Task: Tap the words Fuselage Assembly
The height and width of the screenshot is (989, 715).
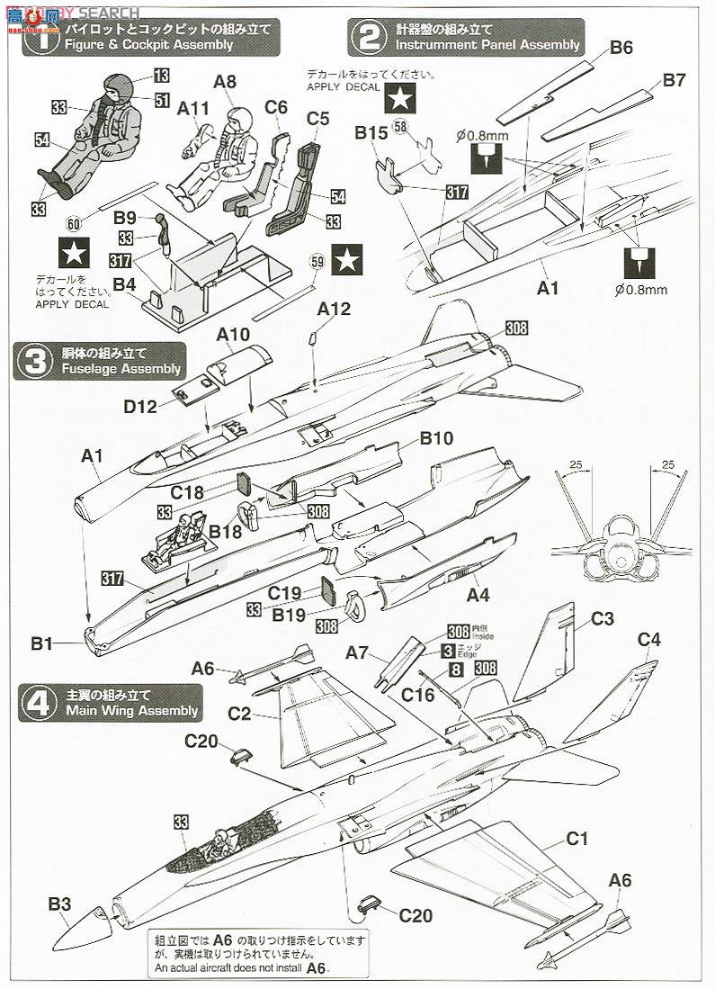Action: click(121, 369)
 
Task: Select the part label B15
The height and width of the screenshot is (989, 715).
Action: click(371, 133)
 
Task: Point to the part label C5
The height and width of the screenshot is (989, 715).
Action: click(317, 118)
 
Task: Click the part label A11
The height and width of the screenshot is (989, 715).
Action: click(193, 108)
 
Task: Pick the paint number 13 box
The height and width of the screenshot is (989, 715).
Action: click(161, 76)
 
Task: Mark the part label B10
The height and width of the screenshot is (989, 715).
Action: click(436, 438)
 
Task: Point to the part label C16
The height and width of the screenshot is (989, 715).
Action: click(418, 694)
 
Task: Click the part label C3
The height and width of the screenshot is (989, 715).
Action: click(602, 619)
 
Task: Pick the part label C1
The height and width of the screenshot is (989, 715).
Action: click(576, 839)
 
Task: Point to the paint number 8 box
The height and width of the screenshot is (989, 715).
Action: click(456, 670)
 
